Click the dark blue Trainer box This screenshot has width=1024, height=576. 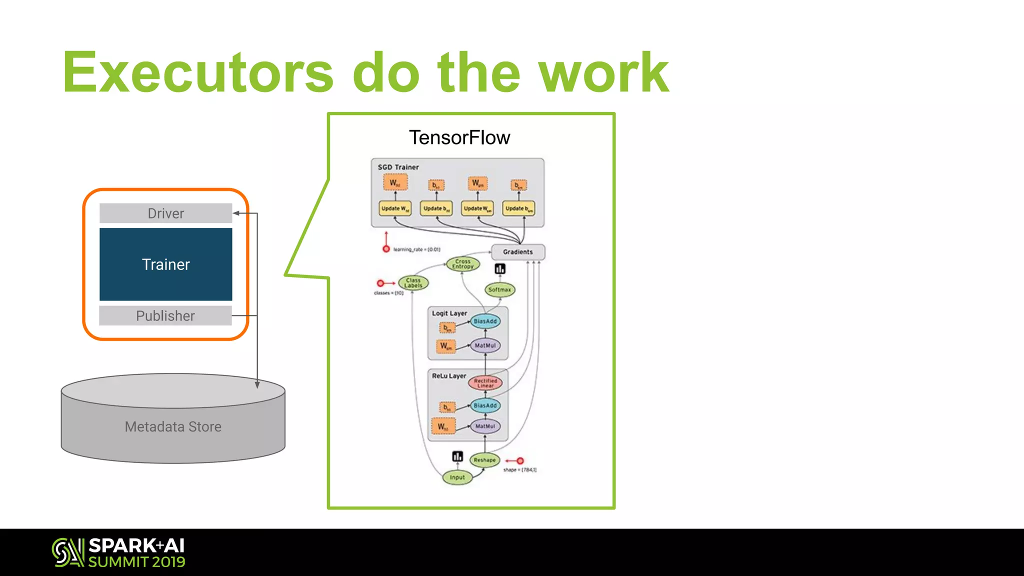tap(165, 264)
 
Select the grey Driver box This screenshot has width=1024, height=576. tap(165, 213)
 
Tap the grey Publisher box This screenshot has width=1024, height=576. tap(165, 315)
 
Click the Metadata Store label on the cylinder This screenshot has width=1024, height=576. tap(173, 426)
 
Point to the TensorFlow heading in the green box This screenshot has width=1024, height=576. tap(459, 137)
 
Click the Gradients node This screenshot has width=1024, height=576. tap(518, 252)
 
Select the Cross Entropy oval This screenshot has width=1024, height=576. tap(462, 264)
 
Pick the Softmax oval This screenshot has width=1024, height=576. tap(499, 289)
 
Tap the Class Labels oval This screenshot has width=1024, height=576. tap(413, 283)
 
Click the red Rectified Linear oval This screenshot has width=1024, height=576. tap(485, 383)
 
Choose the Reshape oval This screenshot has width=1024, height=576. tap(484, 460)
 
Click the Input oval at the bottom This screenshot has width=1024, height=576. tap(457, 477)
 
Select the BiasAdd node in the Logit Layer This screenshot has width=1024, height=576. tap(485, 321)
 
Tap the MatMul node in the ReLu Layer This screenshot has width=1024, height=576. tap(485, 426)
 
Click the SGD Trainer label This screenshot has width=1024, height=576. tap(398, 167)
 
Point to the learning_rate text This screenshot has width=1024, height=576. tap(416, 249)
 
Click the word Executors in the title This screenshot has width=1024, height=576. tap(197, 73)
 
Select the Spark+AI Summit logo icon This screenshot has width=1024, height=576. tap(67, 552)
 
